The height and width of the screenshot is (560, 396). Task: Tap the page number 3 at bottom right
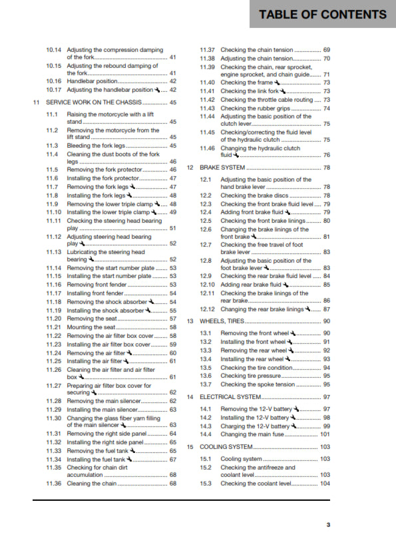327,525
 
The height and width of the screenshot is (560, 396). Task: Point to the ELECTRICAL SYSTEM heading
230,397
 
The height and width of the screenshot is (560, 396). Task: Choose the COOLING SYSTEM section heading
226,447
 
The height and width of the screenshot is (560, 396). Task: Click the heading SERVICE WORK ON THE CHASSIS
94,102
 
